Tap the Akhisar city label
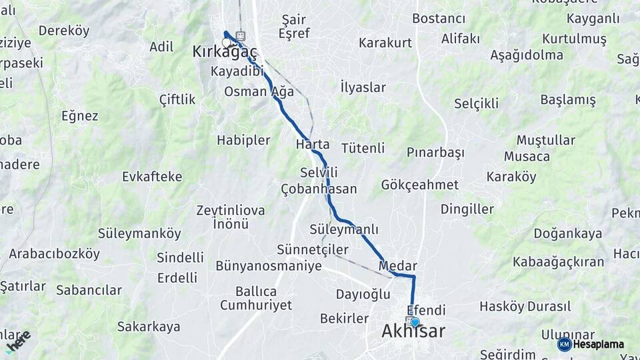(413, 331)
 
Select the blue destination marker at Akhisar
(415, 323)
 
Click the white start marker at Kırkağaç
(226, 43)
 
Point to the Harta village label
(313, 144)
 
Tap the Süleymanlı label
(344, 229)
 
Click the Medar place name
(397, 265)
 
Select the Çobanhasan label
(319, 189)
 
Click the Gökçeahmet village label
(420, 185)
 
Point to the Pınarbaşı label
(435, 153)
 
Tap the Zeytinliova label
(230, 210)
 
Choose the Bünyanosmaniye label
(269, 265)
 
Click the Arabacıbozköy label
(54, 254)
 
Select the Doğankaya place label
(567, 233)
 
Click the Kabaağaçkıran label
(558, 262)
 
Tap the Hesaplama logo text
(598, 345)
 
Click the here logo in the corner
(18, 340)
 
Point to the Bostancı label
(438, 18)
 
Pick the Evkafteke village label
(152, 177)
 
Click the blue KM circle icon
(564, 345)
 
